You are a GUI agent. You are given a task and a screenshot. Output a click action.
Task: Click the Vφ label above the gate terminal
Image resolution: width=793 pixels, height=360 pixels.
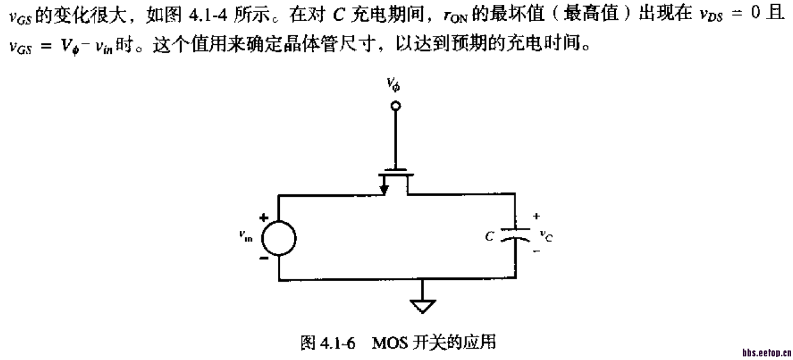(394, 88)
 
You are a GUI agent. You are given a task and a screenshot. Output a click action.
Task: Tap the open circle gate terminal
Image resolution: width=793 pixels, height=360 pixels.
(394, 107)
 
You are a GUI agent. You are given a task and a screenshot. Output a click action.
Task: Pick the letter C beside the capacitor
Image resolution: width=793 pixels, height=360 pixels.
(489, 237)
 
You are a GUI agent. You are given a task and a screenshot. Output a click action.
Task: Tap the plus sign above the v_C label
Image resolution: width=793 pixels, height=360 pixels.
(536, 216)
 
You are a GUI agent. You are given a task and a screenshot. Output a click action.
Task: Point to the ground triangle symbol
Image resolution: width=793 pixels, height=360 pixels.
(423, 306)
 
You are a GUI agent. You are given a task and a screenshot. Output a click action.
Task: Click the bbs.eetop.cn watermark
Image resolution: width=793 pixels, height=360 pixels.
(767, 353)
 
